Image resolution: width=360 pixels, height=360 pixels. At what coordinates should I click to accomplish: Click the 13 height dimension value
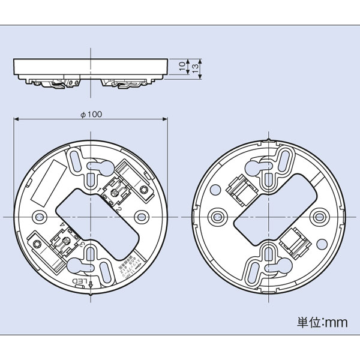[x=195, y=69]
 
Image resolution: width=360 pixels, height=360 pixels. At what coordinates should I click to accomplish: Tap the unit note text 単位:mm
[x=322, y=322]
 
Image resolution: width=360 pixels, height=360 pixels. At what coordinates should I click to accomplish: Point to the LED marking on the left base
[x=80, y=280]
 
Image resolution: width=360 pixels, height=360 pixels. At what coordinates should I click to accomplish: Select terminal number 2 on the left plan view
[x=119, y=208]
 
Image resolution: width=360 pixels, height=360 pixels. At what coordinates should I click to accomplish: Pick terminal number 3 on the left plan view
[x=80, y=242]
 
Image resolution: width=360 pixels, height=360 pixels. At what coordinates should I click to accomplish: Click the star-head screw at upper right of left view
[x=145, y=190]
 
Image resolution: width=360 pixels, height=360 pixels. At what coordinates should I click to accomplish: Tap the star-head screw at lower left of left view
[x=37, y=244]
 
